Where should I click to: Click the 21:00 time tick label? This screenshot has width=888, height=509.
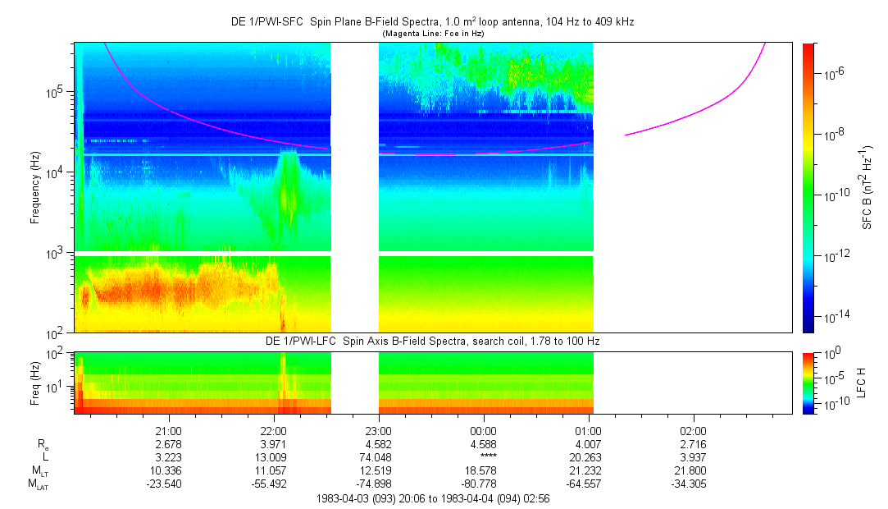pyautogui.click(x=169, y=429)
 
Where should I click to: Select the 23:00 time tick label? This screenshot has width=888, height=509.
pyautogui.click(x=379, y=429)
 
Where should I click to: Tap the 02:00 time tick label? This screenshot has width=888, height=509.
pyautogui.click(x=694, y=429)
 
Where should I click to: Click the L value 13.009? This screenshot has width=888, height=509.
pyautogui.click(x=274, y=457)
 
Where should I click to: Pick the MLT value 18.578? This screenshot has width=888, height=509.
pyautogui.click(x=484, y=470)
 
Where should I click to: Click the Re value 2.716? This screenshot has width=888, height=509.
pyautogui.click(x=694, y=444)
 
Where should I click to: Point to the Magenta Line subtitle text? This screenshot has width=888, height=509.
pyautogui.click(x=434, y=33)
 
